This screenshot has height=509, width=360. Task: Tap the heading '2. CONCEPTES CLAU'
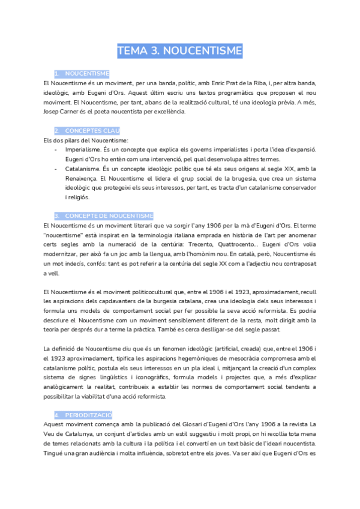(x=87, y=131)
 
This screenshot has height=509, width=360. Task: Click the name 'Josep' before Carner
(x=52, y=112)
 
